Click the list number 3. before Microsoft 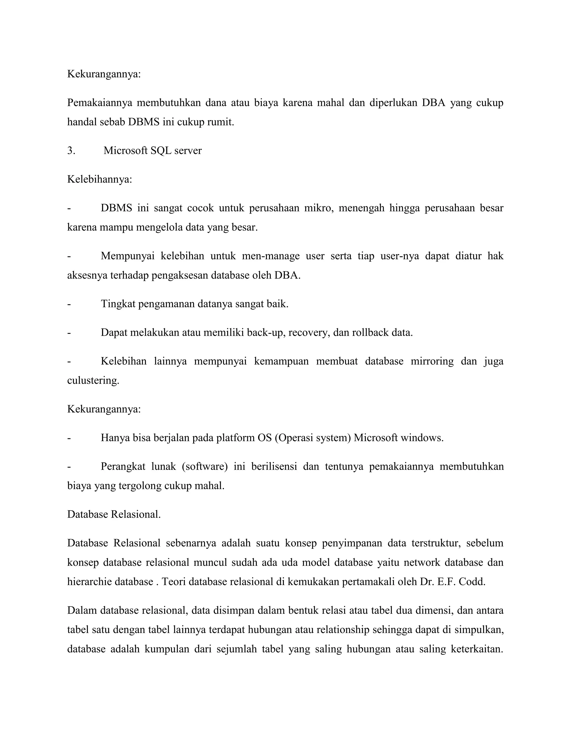pos(71,151)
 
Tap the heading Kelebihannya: pos(100,179)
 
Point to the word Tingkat pos(118,304)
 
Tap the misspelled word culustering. pos(93,381)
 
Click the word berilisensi pos(274,467)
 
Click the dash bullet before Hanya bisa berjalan pos(69,438)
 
